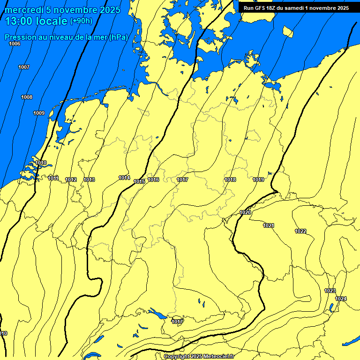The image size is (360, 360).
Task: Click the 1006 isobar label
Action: (x=15, y=44)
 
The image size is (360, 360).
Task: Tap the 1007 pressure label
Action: (x=24, y=67)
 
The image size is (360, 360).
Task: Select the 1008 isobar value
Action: (x=27, y=97)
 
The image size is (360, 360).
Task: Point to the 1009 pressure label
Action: (x=39, y=113)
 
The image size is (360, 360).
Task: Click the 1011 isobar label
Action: (x=53, y=178)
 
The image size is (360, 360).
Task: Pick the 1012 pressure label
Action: (x=71, y=180)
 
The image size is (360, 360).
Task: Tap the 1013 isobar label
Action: (x=89, y=180)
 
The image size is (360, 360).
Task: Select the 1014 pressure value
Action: (x=124, y=178)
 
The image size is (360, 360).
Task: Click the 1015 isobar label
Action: (x=139, y=181)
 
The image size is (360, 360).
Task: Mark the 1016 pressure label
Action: (x=153, y=180)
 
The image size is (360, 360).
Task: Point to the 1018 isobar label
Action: (x=230, y=180)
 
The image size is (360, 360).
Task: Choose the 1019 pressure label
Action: (x=258, y=180)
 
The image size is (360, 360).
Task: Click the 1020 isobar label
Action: (x=245, y=212)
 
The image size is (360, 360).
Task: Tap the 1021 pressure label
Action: (x=269, y=225)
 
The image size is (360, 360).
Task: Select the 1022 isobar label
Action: (x=300, y=231)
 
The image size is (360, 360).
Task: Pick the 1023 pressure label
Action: (x=330, y=291)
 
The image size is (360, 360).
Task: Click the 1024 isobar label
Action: (x=341, y=299)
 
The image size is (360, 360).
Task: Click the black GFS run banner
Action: (x=296, y=8)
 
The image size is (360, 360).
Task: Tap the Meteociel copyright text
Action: (x=199, y=356)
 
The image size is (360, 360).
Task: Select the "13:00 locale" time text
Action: (x=36, y=21)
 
